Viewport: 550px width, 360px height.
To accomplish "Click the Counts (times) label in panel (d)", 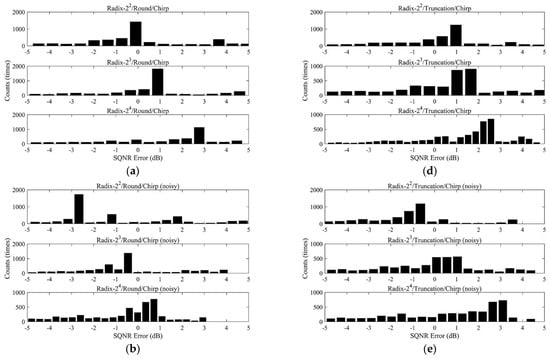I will click(x=294, y=82).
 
